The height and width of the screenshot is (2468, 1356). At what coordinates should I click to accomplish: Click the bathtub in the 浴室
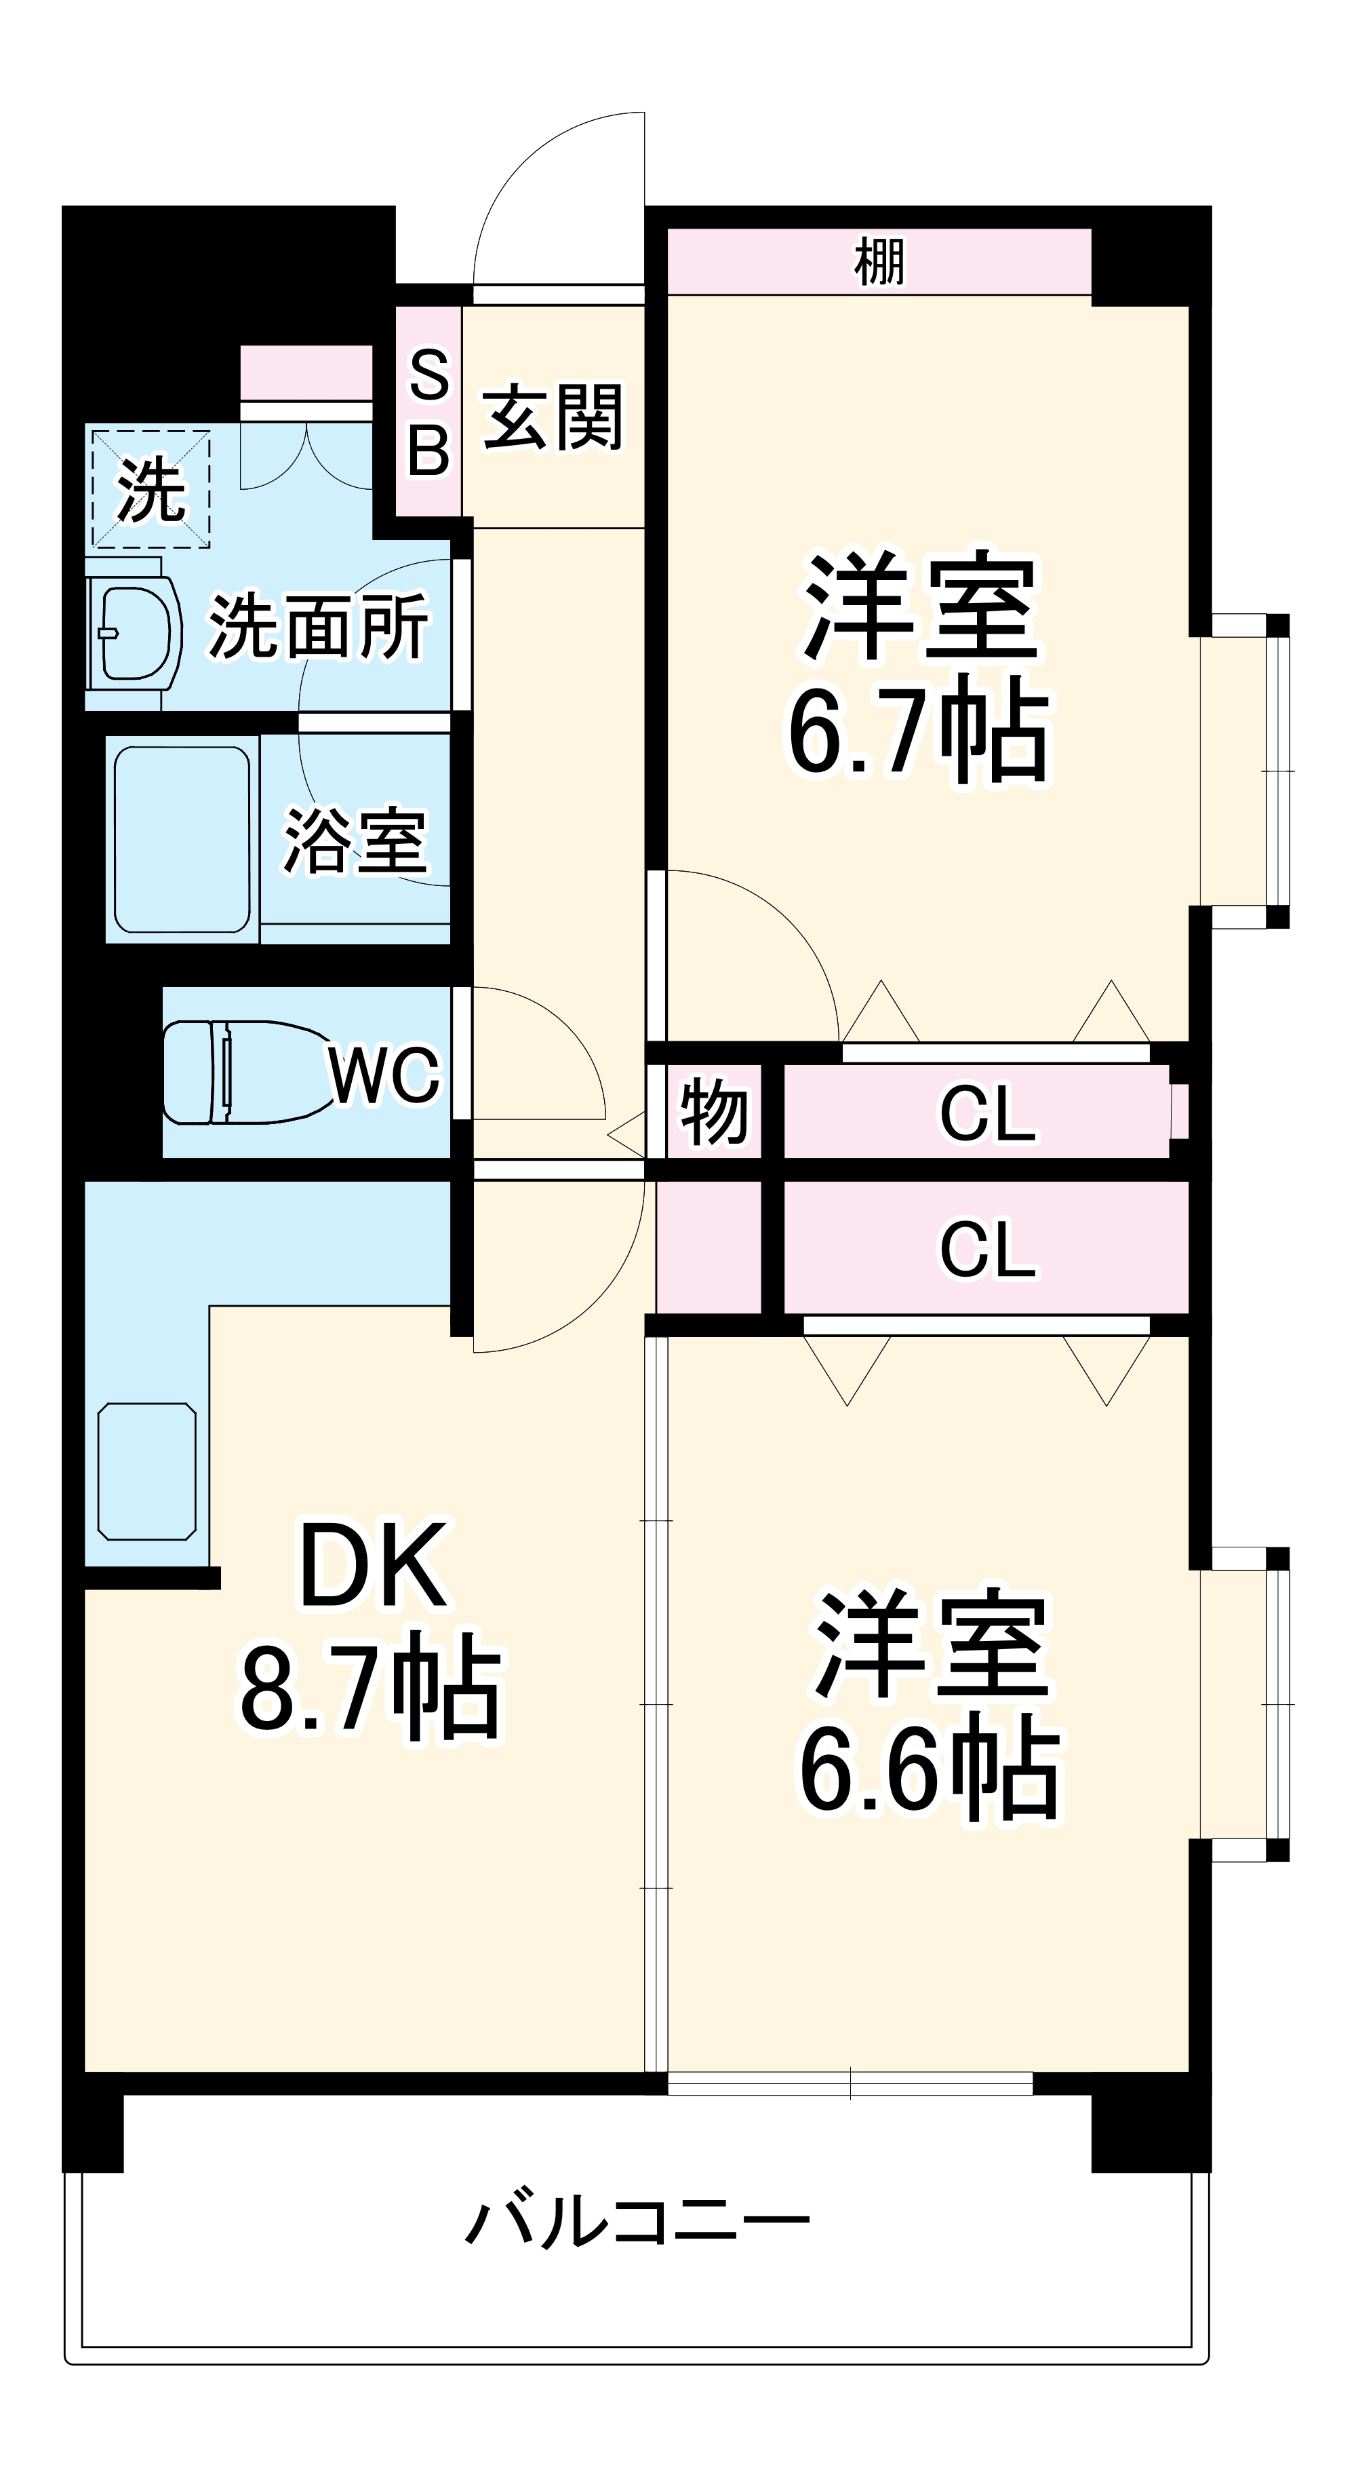182,839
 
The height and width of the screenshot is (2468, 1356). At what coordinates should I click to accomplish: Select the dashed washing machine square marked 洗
151,488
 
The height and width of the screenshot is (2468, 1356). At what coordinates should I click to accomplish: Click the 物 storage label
713,1111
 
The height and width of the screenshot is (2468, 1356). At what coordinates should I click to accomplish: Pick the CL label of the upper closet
987,1113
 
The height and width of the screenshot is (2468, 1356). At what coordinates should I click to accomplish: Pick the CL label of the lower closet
987,1248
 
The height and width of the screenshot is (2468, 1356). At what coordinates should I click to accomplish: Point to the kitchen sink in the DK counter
146,1471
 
